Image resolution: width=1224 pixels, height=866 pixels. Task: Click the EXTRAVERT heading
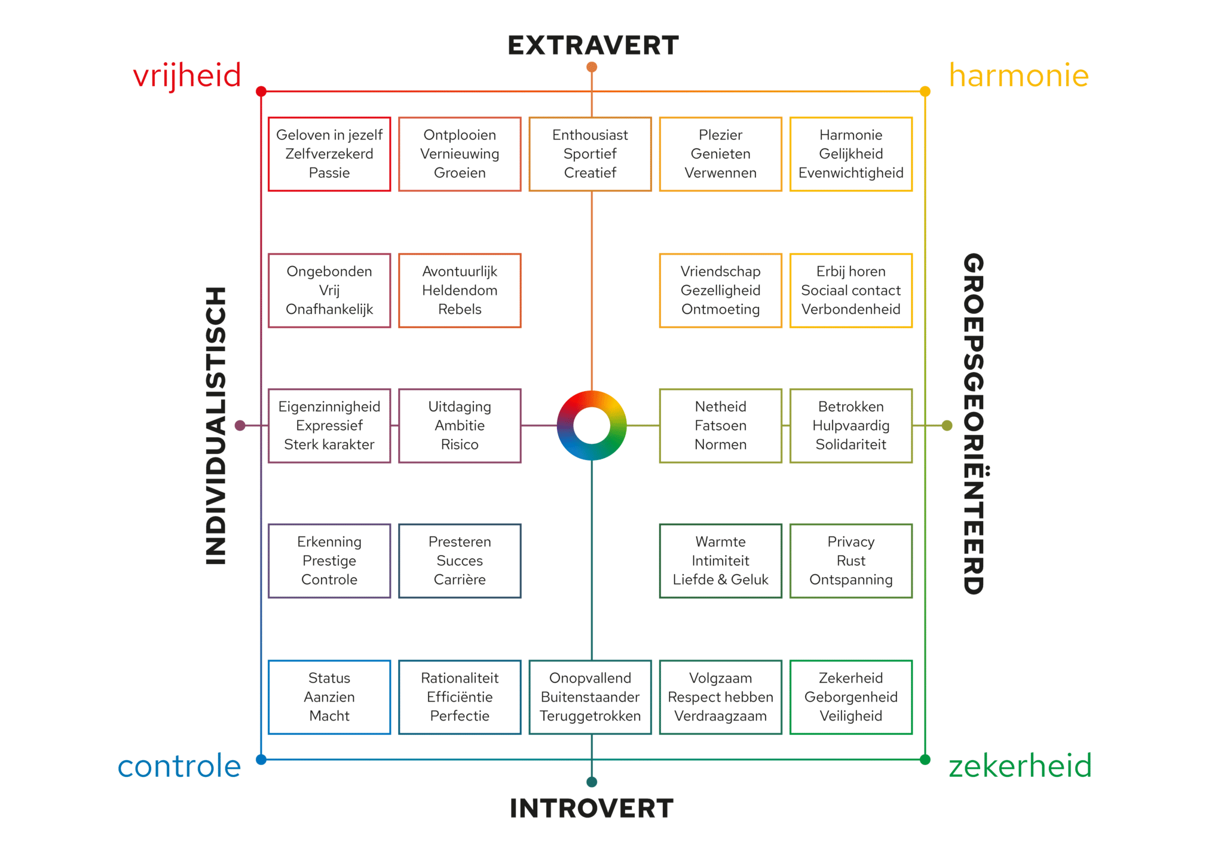coord(593,45)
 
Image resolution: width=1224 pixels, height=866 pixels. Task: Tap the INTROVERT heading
coord(592,808)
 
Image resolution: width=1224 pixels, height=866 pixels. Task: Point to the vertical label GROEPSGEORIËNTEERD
coord(974,423)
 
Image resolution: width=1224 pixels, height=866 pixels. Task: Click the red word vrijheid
coord(186,76)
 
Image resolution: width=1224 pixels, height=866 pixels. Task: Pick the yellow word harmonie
coord(1019,76)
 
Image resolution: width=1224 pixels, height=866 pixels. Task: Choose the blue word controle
coord(179,766)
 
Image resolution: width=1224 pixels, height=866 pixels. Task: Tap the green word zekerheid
coord(1020,766)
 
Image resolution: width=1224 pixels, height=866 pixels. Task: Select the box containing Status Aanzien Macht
coord(329,697)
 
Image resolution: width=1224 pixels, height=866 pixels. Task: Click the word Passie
coord(329,173)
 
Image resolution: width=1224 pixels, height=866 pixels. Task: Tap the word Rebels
coord(460,309)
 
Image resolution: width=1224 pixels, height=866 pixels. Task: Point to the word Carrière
coord(460,580)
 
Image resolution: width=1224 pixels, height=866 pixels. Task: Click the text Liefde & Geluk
coord(720,580)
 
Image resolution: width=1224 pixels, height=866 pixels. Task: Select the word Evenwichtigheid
coord(850,173)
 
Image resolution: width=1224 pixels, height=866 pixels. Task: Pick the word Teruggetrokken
coord(590,716)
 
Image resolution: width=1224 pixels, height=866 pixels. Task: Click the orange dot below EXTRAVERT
coord(592,67)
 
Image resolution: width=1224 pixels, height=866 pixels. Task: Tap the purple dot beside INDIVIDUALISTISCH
coord(240,425)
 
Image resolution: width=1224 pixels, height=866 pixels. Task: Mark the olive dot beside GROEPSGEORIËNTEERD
coord(947,425)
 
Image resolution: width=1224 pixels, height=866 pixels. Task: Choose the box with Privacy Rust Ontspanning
coord(850,560)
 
